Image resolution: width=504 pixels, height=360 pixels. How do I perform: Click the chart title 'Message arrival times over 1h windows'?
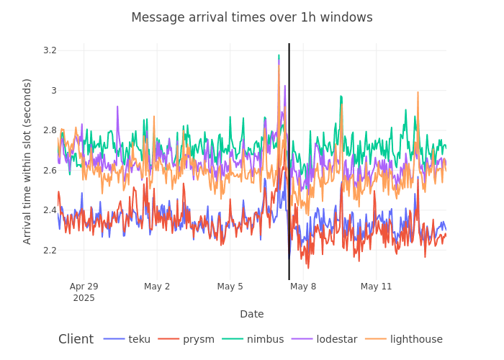(x=252, y=17)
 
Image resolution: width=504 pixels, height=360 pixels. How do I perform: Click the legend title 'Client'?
(x=76, y=339)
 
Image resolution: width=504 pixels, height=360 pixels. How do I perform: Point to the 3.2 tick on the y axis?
(x=50, y=50)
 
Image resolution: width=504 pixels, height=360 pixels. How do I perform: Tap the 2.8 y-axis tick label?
(x=50, y=130)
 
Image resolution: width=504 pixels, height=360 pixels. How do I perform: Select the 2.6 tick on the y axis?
(x=50, y=171)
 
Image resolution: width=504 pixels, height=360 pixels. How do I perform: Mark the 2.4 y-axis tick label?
(x=50, y=210)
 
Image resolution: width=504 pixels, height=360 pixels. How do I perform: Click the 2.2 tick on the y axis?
(x=50, y=251)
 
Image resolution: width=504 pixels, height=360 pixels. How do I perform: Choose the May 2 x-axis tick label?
(x=157, y=287)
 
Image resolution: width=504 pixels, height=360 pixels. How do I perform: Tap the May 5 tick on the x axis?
(x=230, y=287)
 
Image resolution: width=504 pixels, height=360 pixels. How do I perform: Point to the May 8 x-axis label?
(x=303, y=287)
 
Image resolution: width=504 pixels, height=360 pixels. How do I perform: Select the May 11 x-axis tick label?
(x=376, y=287)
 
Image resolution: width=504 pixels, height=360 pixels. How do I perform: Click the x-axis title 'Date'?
(x=252, y=314)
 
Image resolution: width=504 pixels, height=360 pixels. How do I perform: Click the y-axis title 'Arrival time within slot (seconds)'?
(x=27, y=161)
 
